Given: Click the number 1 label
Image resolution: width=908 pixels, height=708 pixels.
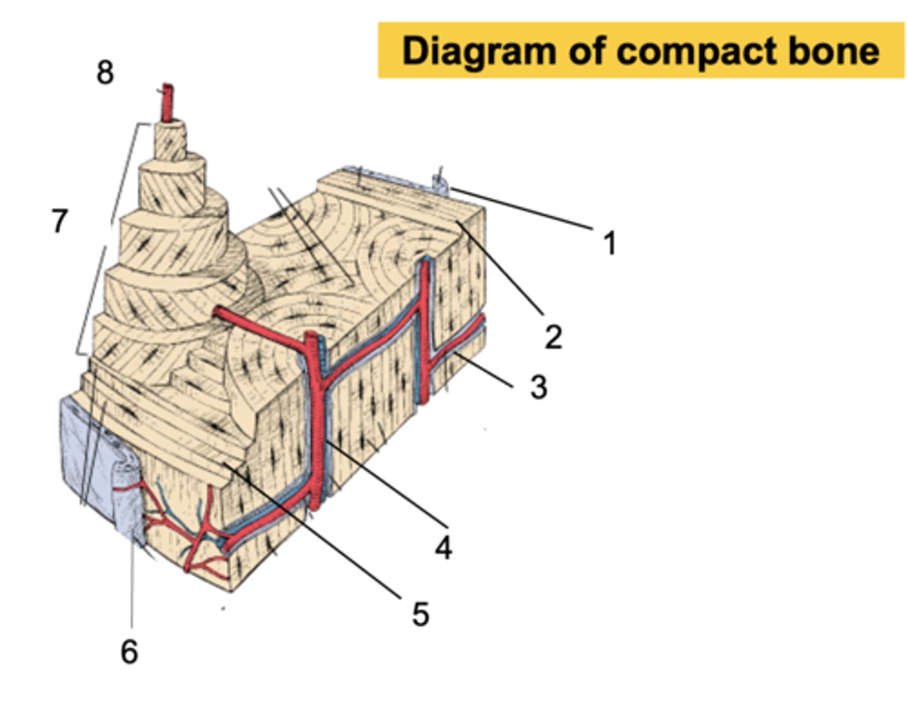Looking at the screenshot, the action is pyautogui.click(x=609, y=243).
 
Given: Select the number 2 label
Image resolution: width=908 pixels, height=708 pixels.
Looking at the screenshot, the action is pyautogui.click(x=553, y=337).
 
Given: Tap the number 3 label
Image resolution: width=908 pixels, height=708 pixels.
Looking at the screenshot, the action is pyautogui.click(x=538, y=386).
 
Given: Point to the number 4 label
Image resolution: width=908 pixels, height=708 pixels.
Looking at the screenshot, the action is pyautogui.click(x=443, y=548).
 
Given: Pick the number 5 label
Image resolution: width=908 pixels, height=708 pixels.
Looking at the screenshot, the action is pyautogui.click(x=421, y=614).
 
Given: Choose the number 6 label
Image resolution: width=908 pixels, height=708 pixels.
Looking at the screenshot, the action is pyautogui.click(x=129, y=651).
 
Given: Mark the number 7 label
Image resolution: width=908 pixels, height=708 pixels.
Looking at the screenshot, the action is pyautogui.click(x=60, y=221).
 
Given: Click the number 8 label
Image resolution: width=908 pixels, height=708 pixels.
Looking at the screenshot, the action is pyautogui.click(x=105, y=73).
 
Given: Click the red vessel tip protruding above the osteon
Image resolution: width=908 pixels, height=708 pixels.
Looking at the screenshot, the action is pyautogui.click(x=167, y=101).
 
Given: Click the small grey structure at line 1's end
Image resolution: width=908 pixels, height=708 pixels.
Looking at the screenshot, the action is pyautogui.click(x=440, y=184).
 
